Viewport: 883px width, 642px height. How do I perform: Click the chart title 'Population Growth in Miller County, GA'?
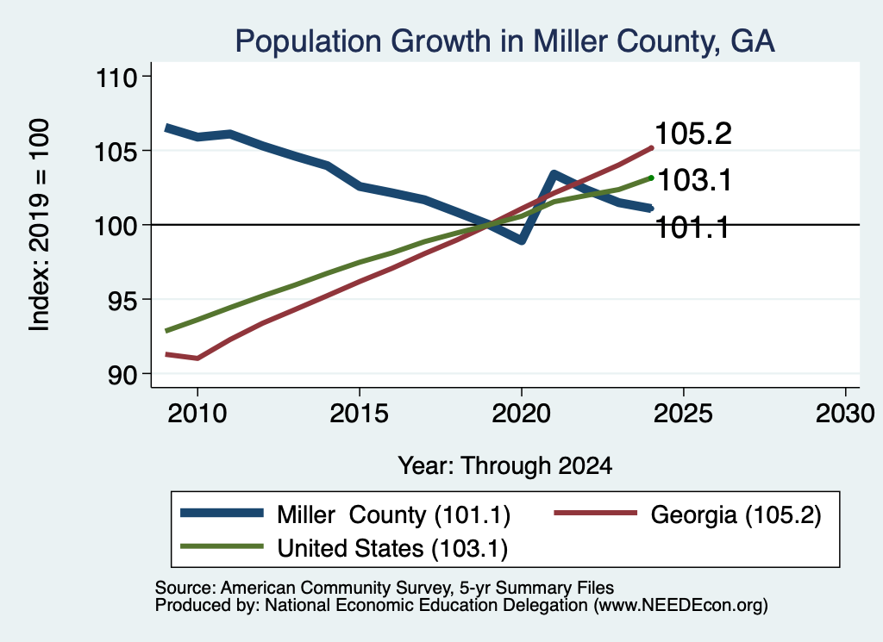point(504,41)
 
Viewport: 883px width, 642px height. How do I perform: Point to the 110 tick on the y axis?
point(116,77)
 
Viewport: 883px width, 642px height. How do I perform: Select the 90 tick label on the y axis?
point(122,375)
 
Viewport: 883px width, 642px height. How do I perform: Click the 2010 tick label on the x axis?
point(197,414)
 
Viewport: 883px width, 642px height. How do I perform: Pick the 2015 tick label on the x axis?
point(360,414)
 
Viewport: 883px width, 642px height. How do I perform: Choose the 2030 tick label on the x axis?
point(845,414)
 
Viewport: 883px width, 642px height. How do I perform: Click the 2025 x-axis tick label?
point(683,414)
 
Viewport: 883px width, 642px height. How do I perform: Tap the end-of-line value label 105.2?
point(693,134)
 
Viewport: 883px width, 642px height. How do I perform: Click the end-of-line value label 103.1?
point(694,181)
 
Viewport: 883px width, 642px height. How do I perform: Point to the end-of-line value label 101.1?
point(692,228)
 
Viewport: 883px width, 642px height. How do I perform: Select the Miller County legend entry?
point(345,514)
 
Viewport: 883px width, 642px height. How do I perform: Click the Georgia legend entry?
point(687,514)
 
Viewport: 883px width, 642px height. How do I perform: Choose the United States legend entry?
point(343,547)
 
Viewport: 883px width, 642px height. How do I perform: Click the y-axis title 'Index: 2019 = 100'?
point(40,225)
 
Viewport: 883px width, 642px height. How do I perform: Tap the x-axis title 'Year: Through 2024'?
point(505,466)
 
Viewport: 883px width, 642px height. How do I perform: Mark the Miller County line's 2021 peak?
point(554,174)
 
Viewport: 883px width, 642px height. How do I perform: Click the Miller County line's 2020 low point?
point(522,240)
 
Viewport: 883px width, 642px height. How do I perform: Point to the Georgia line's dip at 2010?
point(197,358)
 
